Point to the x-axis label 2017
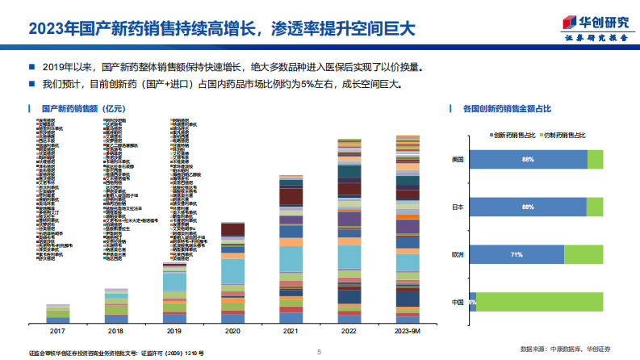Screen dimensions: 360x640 (x=57, y=330)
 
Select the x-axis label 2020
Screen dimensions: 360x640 (x=232, y=330)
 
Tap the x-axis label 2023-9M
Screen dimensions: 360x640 (x=407, y=330)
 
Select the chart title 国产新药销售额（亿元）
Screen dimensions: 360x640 (x=77, y=108)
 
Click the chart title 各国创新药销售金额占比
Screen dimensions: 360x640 (x=507, y=108)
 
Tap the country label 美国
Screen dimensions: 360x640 (x=458, y=160)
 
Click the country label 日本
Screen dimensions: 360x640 (x=458, y=207)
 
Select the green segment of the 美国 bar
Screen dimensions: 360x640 (x=595, y=160)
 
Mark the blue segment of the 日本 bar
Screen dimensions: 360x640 (x=528, y=207)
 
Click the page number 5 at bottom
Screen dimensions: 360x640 (x=320, y=352)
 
